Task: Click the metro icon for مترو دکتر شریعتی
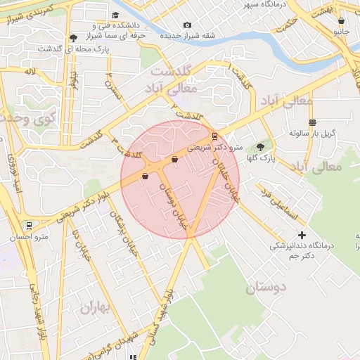214,136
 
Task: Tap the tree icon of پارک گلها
261,147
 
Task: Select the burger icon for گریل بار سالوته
312,122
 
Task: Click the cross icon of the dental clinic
302,234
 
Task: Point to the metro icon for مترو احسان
29,226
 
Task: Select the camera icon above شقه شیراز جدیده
187,25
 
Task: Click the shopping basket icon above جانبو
342,21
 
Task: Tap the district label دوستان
267,287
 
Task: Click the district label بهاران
96,307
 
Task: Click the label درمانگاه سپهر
266,5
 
